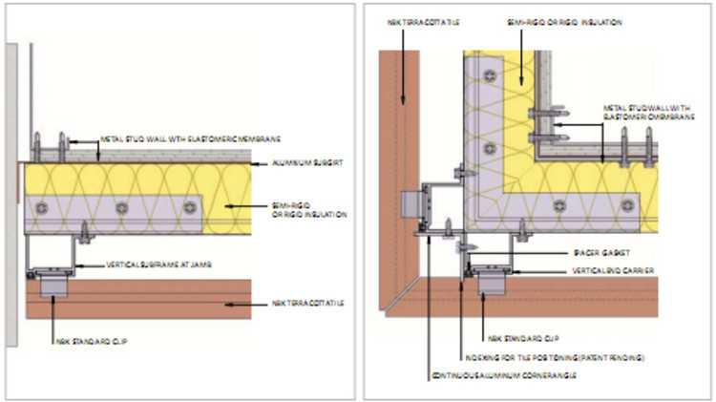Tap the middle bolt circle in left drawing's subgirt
tap(120, 206)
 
